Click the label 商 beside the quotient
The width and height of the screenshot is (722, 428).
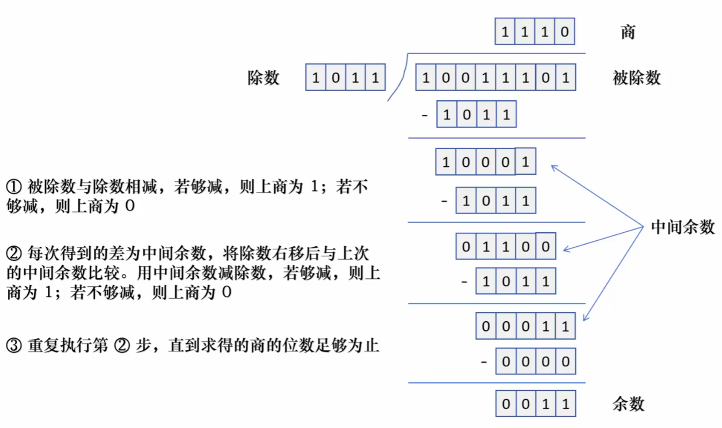coord(628,32)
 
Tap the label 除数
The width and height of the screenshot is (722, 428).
coord(264,78)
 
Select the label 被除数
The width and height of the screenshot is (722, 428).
coord(636,78)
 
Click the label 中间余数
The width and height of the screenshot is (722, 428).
coord(683,227)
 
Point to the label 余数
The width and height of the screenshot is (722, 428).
coord(628,404)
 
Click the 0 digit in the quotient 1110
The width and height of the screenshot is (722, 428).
coord(564,32)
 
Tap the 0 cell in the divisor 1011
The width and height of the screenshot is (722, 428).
coord(336,78)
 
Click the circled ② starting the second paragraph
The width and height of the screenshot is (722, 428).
coord(13,253)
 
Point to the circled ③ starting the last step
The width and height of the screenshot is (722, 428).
coord(13,345)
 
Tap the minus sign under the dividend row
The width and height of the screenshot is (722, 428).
coord(426,115)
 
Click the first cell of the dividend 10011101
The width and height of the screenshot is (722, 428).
coord(426,78)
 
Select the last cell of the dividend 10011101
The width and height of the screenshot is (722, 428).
coord(565,78)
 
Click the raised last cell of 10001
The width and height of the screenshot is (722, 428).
coord(526,161)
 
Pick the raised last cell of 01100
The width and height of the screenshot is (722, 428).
coord(545,247)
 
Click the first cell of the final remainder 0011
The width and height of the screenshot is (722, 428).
coord(506,404)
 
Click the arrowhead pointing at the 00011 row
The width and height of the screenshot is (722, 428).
coord(585,319)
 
